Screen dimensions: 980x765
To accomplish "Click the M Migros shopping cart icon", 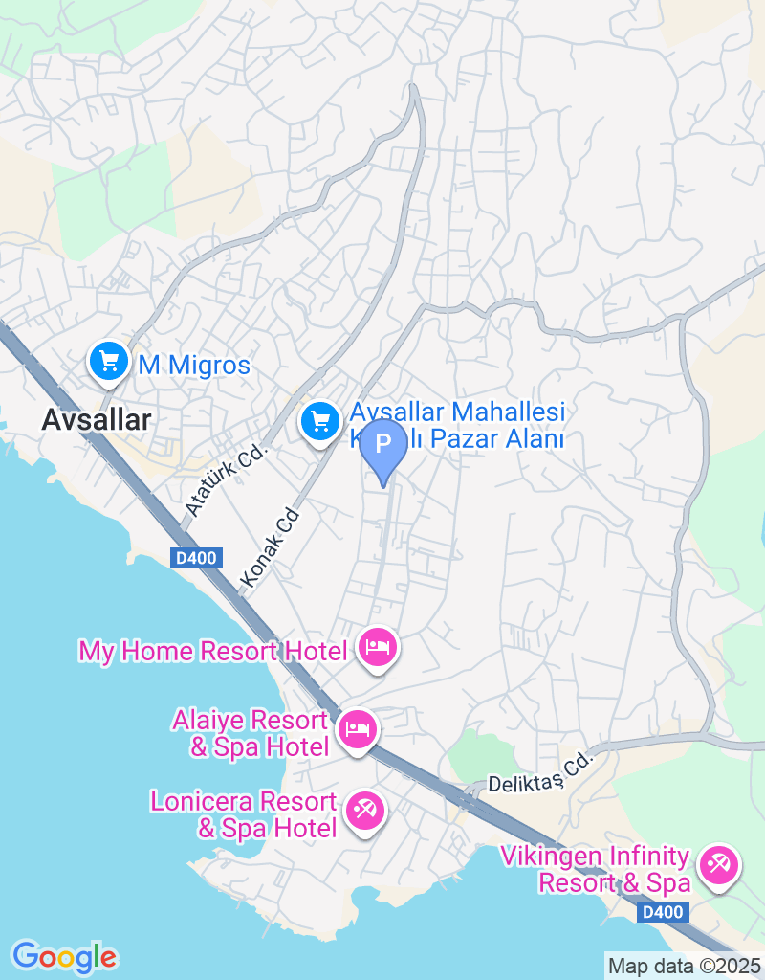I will tap(109, 362).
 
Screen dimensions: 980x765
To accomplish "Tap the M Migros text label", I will tap(194, 365).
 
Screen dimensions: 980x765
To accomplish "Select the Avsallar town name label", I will tap(97, 418).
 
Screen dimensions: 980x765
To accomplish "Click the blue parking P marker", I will tap(383, 445).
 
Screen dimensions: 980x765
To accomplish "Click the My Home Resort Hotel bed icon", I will tap(378, 648).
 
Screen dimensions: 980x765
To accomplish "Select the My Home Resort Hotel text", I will tap(212, 652).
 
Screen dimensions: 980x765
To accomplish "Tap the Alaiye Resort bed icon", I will tap(359, 729).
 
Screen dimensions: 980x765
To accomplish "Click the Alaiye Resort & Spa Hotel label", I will tap(251, 733).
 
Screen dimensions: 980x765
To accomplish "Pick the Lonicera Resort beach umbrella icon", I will tap(364, 811).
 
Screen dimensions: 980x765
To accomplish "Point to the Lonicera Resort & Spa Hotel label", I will tap(244, 814).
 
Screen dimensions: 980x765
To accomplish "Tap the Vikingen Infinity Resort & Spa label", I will tap(595, 869).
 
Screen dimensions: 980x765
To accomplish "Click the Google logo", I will tap(64, 956).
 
